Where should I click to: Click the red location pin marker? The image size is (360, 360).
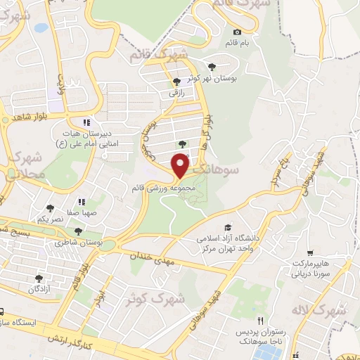tap(181, 165)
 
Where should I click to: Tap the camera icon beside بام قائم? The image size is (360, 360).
tap(236, 32)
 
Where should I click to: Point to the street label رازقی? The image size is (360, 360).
tap(175, 91)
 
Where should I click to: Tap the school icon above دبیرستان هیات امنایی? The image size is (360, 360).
tap(87, 122)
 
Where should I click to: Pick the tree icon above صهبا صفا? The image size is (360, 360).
tap(51, 207)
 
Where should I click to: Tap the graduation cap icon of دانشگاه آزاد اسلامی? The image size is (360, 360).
tap(227, 226)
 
